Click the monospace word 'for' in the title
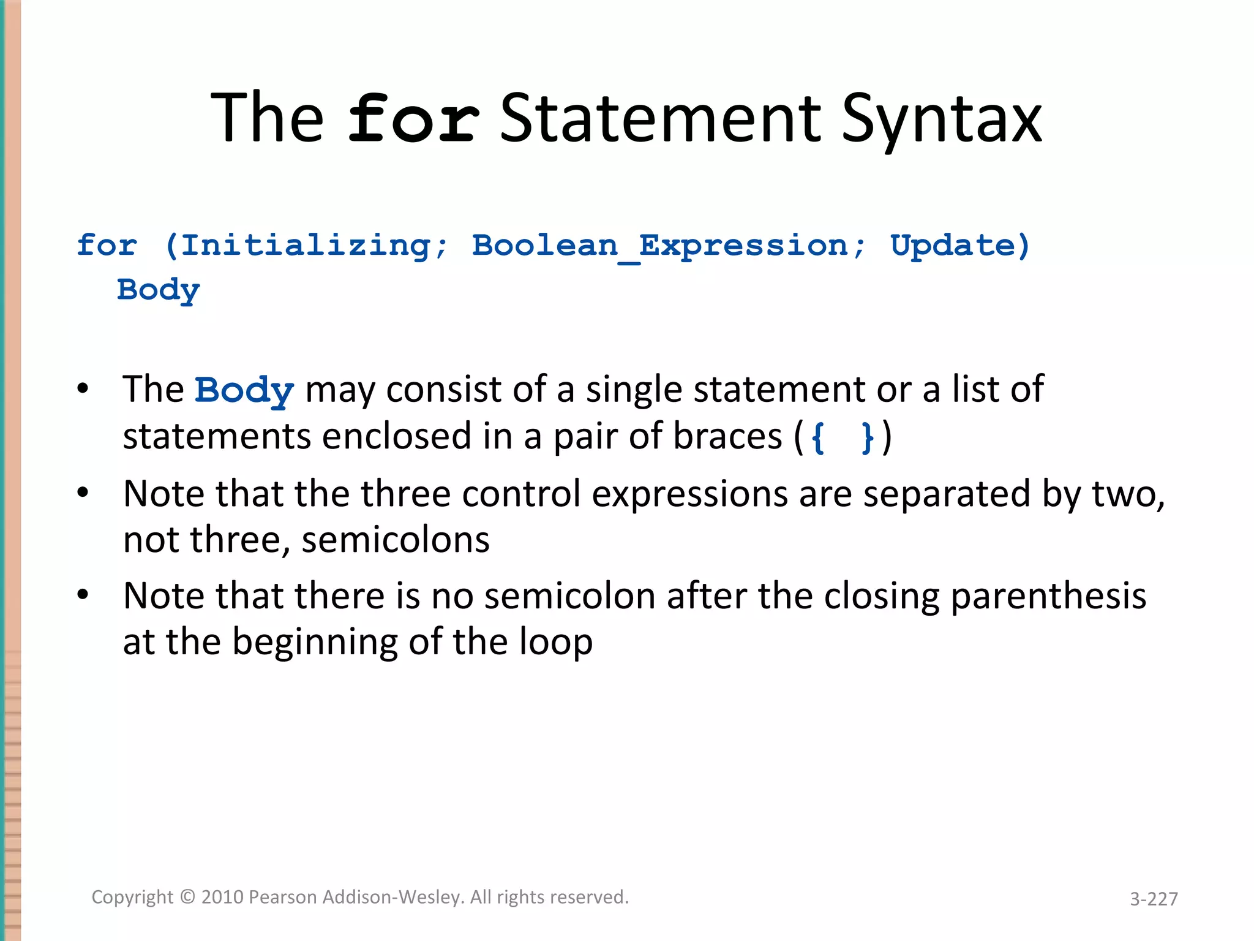(x=414, y=119)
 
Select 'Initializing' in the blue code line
(x=306, y=246)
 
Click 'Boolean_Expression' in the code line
(x=660, y=246)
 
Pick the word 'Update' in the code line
(x=952, y=246)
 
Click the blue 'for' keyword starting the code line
(x=107, y=246)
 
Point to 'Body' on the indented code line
(x=159, y=290)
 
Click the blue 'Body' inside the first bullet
(x=244, y=390)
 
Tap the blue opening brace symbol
(x=818, y=437)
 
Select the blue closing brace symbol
(x=867, y=437)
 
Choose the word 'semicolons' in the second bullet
(x=396, y=540)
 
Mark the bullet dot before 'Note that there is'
(x=83, y=594)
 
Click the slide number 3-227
(x=1154, y=899)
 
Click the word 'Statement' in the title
(x=661, y=119)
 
